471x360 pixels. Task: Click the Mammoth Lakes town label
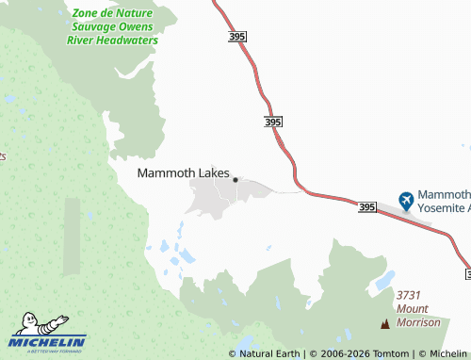click(183, 172)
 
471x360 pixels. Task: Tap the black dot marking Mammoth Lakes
click(235, 179)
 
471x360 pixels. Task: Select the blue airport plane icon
click(406, 200)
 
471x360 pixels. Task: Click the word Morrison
click(418, 322)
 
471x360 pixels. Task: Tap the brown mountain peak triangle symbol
click(384, 325)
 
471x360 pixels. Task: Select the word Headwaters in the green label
click(128, 41)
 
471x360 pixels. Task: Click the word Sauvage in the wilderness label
click(88, 27)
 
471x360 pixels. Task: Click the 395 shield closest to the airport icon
click(366, 206)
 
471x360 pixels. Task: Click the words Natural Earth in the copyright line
click(269, 353)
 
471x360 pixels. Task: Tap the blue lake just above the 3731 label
click(384, 281)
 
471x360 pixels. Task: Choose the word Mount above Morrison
click(413, 309)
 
